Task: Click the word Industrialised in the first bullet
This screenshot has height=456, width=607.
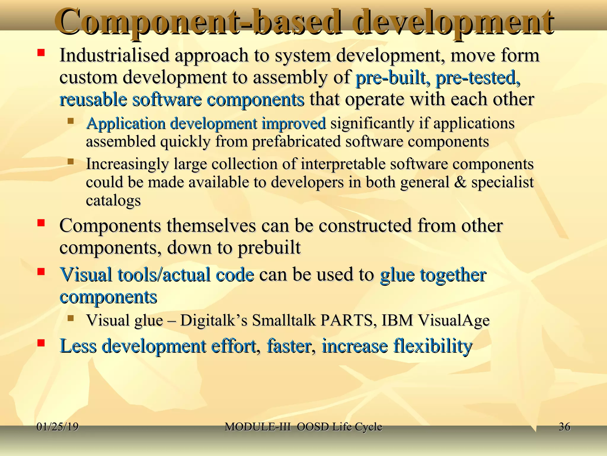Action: click(114, 56)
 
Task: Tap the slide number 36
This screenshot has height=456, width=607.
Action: click(564, 427)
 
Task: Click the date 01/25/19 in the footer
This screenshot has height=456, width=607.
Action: click(57, 427)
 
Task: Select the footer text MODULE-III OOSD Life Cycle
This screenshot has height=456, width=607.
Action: click(303, 427)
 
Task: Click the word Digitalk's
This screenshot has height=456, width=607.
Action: click(213, 320)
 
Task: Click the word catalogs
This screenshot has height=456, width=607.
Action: click(113, 201)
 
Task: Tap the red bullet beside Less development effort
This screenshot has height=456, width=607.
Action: click(41, 343)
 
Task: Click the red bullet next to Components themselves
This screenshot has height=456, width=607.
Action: click(41, 223)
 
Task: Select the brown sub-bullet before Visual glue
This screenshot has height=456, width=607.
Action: click(70, 319)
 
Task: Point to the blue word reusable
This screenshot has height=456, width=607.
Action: click(93, 99)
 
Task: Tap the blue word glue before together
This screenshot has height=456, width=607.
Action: click(397, 275)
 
